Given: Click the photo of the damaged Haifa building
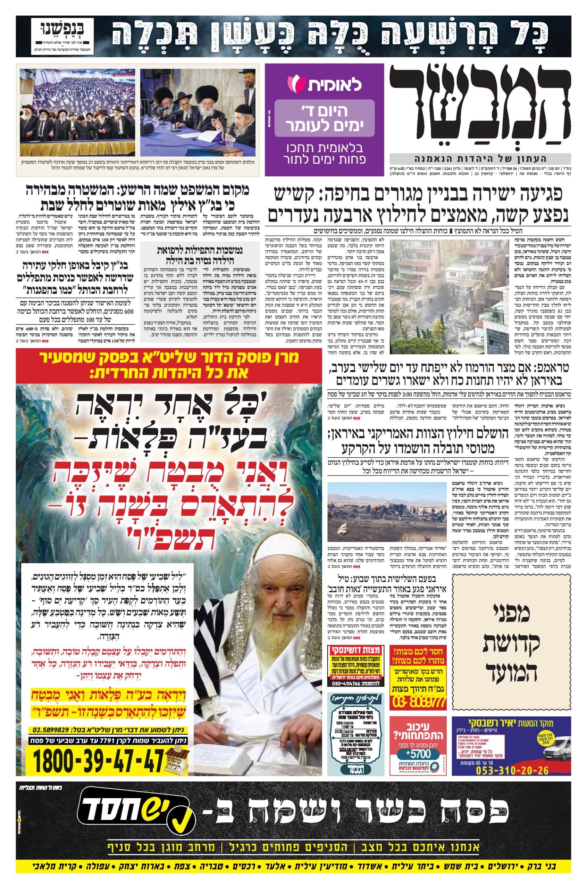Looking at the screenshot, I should pyautogui.click(x=449, y=297).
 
